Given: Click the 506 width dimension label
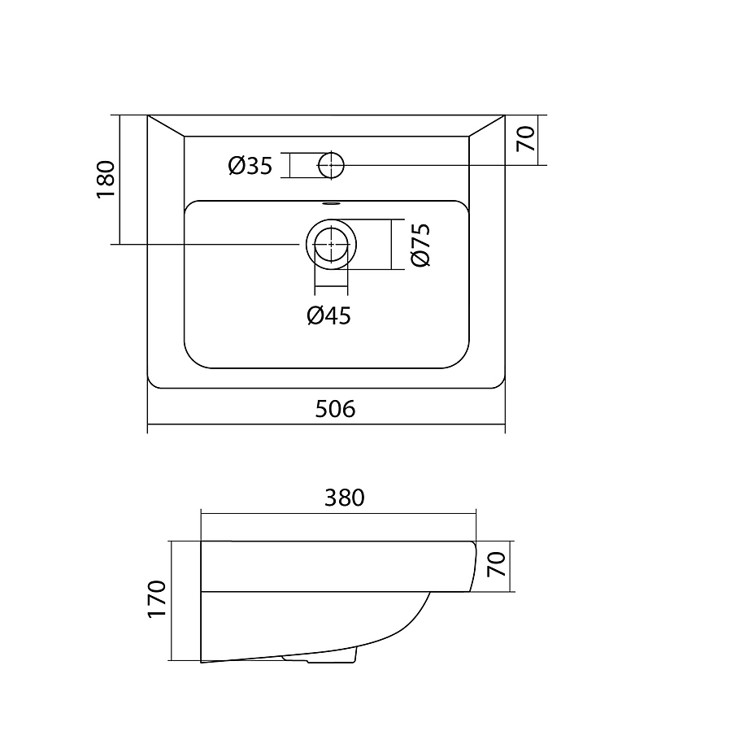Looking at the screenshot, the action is [335, 409].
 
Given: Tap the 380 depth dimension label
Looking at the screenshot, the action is [345, 498].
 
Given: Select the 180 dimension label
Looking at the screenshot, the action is [106, 180].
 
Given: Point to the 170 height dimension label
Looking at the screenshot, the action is [156, 600].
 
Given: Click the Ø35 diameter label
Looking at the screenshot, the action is [250, 166].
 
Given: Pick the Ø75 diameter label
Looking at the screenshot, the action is [420, 245].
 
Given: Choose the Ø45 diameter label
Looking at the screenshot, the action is [328, 315].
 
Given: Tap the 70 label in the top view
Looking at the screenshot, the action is [526, 139].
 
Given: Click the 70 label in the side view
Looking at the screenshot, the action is [497, 564].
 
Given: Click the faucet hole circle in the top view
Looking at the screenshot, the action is [331, 153].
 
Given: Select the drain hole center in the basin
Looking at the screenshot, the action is [331, 244].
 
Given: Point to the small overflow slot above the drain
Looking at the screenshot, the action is [331, 204].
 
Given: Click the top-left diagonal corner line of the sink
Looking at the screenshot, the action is [166, 126].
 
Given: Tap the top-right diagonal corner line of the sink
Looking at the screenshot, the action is [486, 126].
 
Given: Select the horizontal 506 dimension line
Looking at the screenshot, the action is [326, 424].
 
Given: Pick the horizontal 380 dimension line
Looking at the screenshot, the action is [339, 514].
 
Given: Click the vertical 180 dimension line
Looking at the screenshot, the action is [120, 180].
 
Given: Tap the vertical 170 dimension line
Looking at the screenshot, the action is [171, 601].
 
